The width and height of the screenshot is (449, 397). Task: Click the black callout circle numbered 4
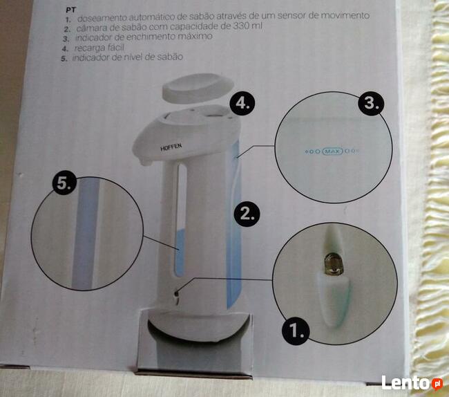242,103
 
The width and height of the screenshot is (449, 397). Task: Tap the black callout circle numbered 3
371,102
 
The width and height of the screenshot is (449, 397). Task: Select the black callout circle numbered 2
247,214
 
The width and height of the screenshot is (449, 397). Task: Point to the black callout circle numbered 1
295,331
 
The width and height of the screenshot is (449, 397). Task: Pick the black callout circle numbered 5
65,183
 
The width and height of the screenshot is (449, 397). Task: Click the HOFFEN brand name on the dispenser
171,147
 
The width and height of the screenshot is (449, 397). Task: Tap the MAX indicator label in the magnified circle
332,151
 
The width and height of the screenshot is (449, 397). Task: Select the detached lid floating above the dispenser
198,88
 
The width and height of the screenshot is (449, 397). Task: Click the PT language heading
70,10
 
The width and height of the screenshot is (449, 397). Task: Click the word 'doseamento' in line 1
102,18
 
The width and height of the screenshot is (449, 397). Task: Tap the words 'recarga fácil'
99,47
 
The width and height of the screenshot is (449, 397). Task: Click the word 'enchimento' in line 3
151,37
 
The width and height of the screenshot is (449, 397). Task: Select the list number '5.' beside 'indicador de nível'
64,59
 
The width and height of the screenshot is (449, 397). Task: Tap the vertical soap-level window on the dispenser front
180,221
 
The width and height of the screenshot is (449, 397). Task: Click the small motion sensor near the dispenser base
177,293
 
